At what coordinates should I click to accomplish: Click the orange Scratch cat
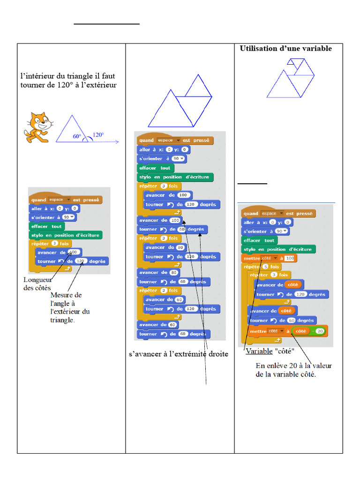pos(38,127)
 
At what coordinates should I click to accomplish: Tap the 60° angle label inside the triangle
pos(77,137)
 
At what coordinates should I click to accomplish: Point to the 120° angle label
pos(98,135)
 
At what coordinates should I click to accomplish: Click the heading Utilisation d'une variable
pos(285,48)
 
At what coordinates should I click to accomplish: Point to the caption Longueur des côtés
pos(37,284)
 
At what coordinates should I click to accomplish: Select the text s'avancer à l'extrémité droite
pos(178,354)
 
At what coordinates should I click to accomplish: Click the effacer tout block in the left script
pos(46,226)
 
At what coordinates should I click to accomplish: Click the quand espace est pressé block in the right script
pos(278,213)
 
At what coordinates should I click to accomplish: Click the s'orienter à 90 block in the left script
pos(53,217)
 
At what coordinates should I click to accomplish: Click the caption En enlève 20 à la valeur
pos(293,366)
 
